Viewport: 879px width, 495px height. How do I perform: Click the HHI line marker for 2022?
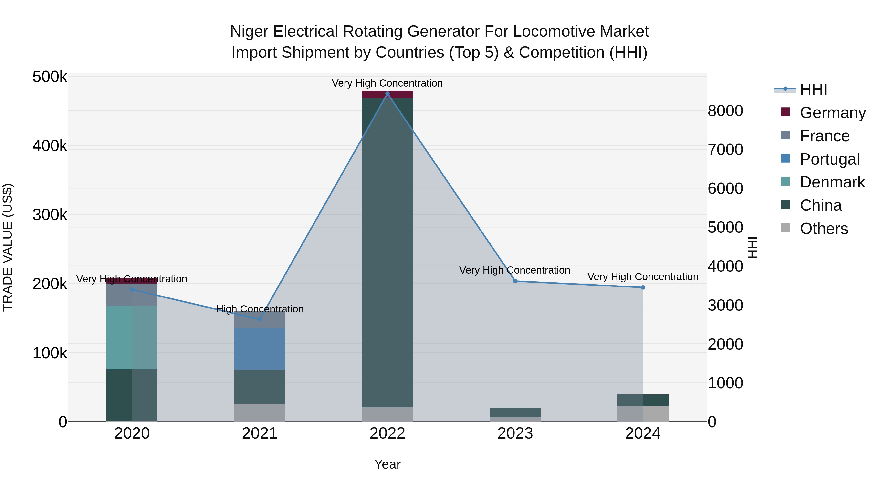coord(387,94)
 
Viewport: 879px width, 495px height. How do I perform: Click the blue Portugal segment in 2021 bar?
coord(260,349)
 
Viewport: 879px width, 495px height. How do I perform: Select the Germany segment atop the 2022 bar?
coord(387,95)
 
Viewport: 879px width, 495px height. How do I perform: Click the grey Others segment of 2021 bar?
coord(260,412)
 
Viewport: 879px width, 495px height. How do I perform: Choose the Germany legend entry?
coord(833,113)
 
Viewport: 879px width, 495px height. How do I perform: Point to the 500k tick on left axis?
coord(50,77)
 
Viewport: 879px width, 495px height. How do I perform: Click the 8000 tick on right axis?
coord(725,111)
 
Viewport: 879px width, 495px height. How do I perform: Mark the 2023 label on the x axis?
coord(515,433)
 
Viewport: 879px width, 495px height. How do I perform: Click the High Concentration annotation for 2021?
coord(260,309)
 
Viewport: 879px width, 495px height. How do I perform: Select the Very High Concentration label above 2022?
coord(387,83)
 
